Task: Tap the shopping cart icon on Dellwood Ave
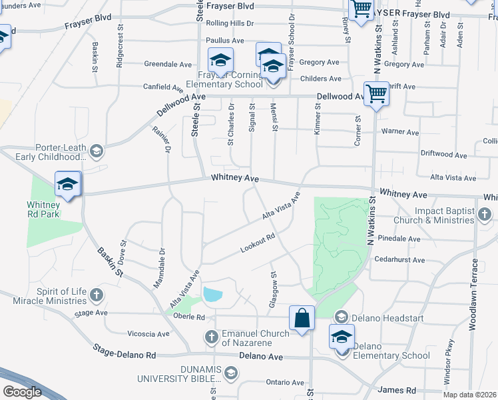(x=376, y=94)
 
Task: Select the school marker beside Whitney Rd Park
(x=67, y=184)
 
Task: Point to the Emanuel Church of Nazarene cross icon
(x=212, y=335)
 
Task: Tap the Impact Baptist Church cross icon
(x=485, y=214)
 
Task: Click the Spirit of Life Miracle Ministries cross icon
(x=97, y=294)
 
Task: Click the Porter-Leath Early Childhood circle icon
(x=97, y=150)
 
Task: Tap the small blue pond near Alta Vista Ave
(x=212, y=294)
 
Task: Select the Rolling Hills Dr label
(x=230, y=23)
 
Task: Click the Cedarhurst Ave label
(x=399, y=259)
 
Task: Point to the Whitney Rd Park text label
(x=43, y=209)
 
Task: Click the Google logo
(x=21, y=392)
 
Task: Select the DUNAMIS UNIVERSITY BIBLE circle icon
(x=230, y=372)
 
